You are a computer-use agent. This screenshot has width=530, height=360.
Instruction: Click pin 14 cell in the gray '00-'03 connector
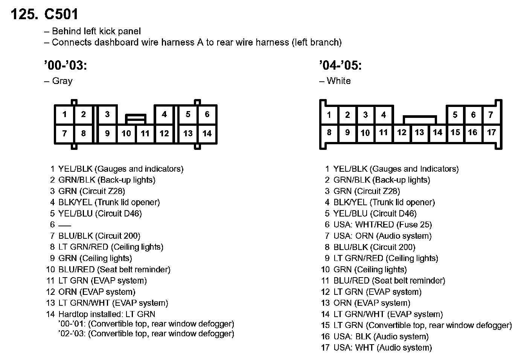(x=207, y=133)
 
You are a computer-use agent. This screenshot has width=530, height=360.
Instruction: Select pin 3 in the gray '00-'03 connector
(x=107, y=114)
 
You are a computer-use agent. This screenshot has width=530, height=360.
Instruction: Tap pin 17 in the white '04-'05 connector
(x=492, y=132)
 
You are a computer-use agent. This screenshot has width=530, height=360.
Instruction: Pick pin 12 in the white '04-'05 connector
(x=402, y=132)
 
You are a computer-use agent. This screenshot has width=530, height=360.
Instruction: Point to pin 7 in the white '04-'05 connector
(x=491, y=115)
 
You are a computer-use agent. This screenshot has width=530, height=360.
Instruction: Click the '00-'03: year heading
(x=65, y=65)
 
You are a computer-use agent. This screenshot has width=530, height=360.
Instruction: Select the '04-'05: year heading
(x=341, y=65)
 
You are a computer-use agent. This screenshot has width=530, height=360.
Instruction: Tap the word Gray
(x=62, y=81)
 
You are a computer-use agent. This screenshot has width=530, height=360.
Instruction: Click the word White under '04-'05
(x=338, y=81)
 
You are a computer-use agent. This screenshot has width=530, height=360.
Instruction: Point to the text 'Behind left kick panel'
(x=96, y=31)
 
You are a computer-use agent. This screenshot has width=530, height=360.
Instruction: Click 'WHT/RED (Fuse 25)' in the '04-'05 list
(x=393, y=224)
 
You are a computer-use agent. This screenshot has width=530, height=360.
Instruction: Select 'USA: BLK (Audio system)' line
(x=381, y=336)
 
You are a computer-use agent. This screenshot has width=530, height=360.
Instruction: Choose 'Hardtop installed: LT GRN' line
(x=107, y=314)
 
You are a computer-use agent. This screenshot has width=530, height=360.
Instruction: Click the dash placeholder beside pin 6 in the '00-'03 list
(x=65, y=225)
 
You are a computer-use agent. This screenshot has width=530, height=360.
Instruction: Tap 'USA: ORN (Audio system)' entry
(x=382, y=236)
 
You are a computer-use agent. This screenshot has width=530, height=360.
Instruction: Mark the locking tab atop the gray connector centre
(x=136, y=119)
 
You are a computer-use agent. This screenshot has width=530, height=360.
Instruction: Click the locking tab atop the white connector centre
(x=420, y=119)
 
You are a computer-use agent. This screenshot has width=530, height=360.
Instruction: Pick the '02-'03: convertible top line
(x=146, y=334)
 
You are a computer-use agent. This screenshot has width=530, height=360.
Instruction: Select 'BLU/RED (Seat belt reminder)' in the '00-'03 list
(x=114, y=269)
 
